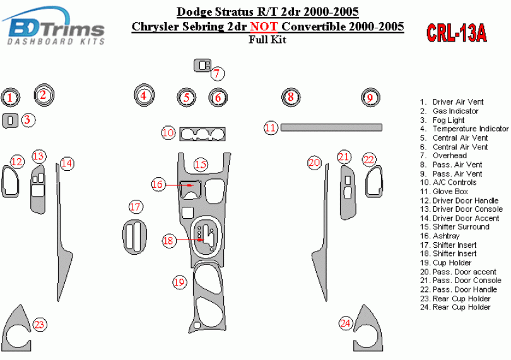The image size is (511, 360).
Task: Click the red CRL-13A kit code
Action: point(457,33)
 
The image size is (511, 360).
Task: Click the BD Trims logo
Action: point(54,26)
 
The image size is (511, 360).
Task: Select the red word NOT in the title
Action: point(264,26)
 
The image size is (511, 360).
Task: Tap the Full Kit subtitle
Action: point(267,40)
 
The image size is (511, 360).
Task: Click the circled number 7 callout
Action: point(218,74)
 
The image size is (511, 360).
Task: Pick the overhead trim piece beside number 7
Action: point(203,66)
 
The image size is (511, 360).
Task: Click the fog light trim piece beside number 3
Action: point(10,120)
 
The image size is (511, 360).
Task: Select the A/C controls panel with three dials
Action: point(203,134)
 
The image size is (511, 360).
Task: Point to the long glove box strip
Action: point(331,127)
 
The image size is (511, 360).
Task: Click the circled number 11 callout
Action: point(271,128)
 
